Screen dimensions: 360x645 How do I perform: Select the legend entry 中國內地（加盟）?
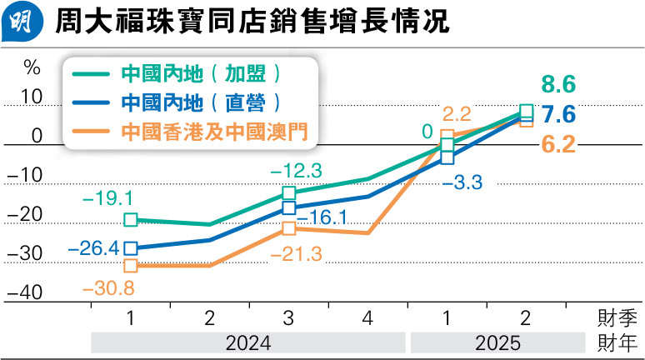click(x=200, y=73)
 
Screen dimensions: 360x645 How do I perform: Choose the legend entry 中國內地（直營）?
click(x=200, y=102)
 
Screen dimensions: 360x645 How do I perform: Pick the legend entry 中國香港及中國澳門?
click(x=208, y=131)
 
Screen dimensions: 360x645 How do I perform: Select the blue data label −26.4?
click(x=92, y=247)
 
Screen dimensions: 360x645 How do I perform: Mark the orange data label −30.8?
click(x=109, y=287)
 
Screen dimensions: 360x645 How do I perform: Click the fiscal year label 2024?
click(x=247, y=342)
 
